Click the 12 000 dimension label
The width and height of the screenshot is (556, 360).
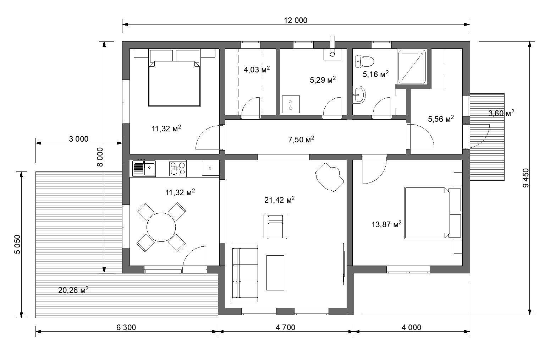[295, 20]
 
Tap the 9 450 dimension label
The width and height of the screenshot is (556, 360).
[525, 178]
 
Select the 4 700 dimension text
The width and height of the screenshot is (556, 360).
[285, 327]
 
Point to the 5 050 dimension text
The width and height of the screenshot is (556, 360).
[18, 245]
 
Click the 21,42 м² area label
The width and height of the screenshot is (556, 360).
[280, 200]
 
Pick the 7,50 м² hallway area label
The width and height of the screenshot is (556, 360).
[301, 139]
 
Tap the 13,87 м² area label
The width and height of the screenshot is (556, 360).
[386, 224]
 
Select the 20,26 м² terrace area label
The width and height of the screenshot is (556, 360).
[73, 290]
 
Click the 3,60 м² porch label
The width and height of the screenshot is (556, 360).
[501, 113]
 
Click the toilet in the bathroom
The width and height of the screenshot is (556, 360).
[365, 61]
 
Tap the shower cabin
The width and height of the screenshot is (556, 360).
[412, 67]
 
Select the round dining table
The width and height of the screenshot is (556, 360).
[161, 227]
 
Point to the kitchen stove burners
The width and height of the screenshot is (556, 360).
[178, 168]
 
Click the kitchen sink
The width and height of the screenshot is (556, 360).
[144, 168]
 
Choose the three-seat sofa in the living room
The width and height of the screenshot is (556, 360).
[245, 273]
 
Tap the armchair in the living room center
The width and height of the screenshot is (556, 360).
[275, 227]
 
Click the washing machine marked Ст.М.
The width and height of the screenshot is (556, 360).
[291, 104]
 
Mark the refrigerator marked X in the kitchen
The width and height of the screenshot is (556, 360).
[210, 168]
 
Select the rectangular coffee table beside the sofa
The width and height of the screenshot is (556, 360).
[275, 273]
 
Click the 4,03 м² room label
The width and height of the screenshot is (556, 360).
[257, 70]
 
